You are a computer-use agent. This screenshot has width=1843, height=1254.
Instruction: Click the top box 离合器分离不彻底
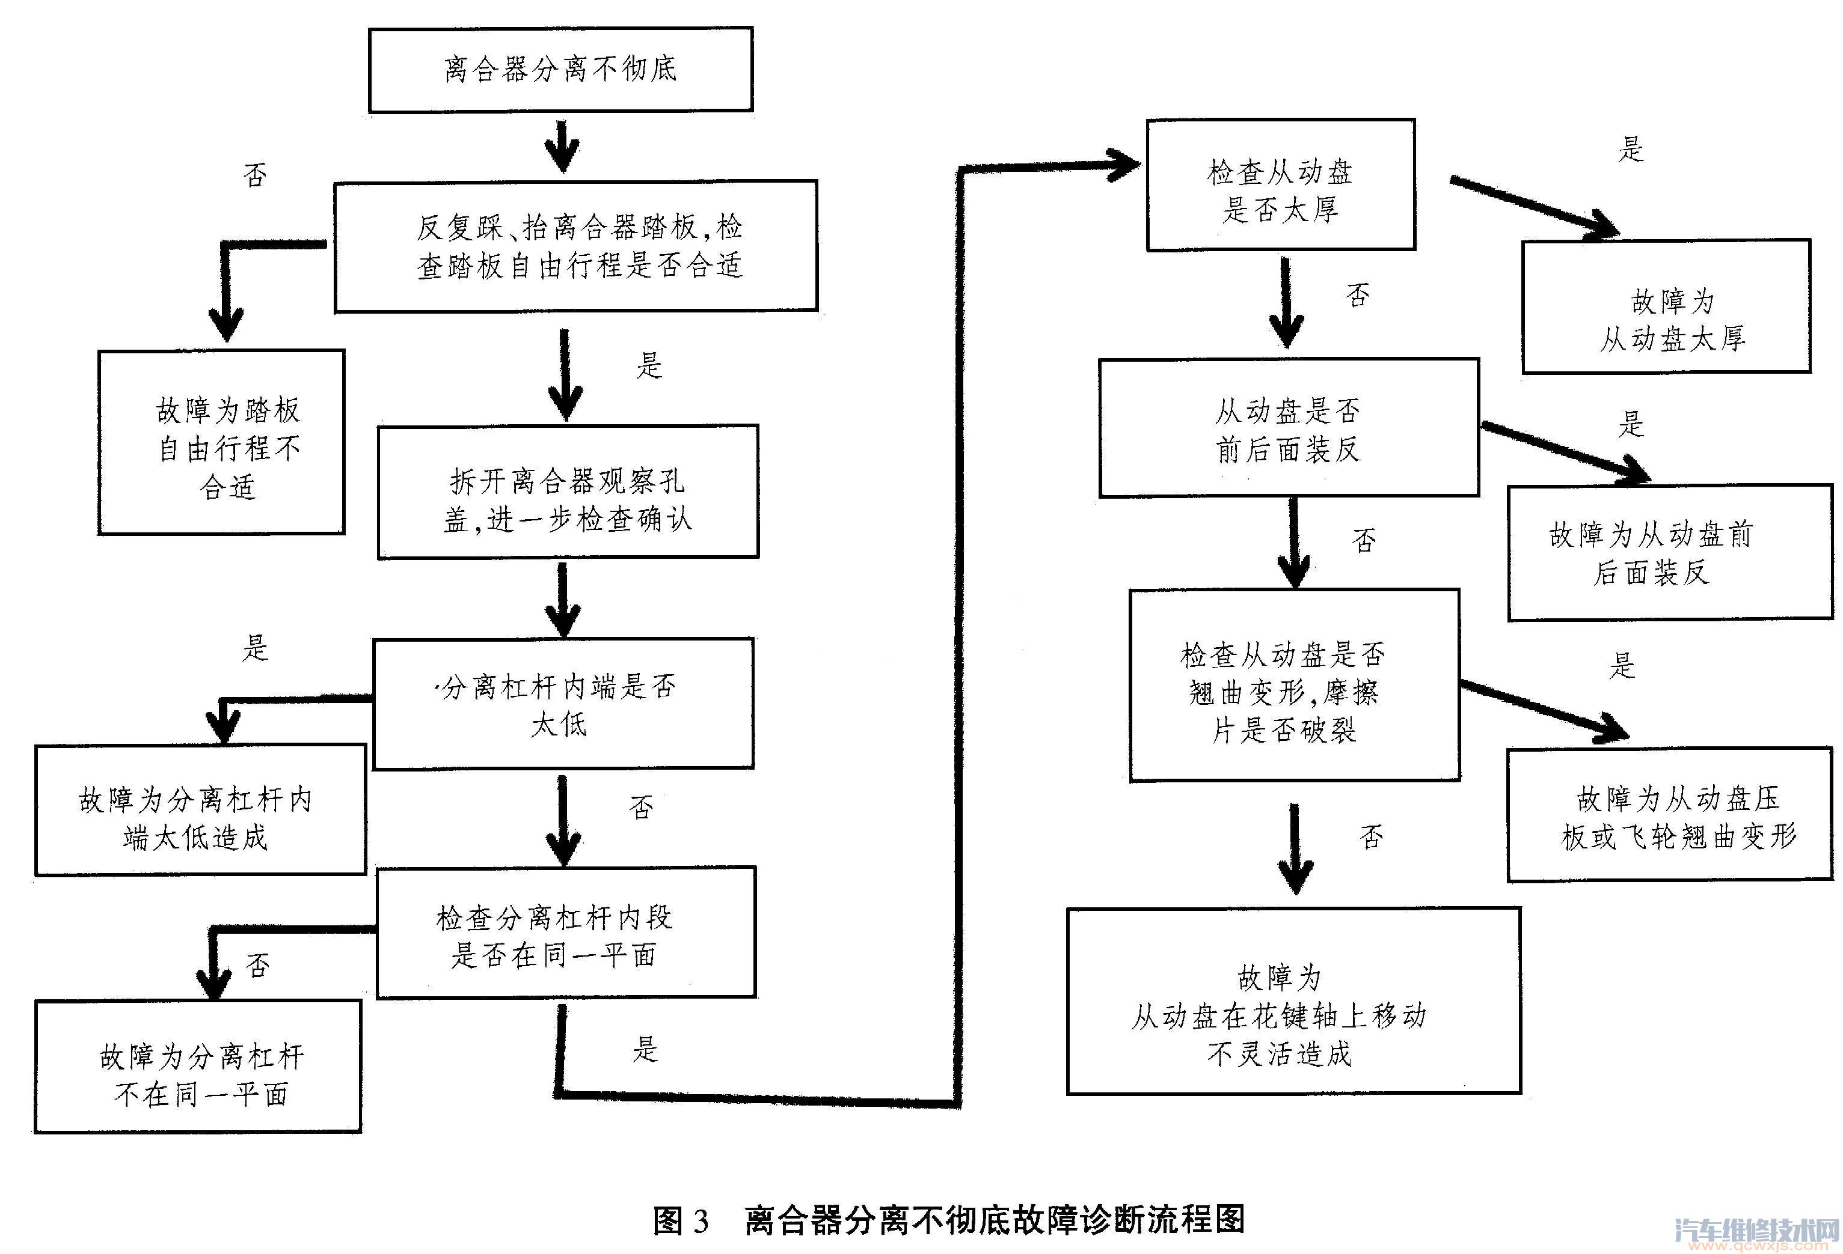tap(560, 70)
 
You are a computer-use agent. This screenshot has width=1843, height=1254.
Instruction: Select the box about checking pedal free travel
tap(577, 246)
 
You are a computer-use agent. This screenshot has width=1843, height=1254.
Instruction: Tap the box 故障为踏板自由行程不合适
tap(221, 442)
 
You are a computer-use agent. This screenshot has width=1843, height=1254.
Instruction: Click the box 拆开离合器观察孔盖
tap(568, 492)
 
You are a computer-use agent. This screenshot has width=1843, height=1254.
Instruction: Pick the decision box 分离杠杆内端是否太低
tap(563, 703)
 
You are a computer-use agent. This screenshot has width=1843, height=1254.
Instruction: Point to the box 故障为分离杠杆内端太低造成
tap(200, 810)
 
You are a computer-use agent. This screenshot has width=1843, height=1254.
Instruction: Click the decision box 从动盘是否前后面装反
tap(1289, 428)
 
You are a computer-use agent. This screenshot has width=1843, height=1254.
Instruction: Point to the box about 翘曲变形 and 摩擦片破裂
tap(1293, 686)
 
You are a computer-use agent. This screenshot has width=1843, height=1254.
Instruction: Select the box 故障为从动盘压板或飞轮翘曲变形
tap(1669, 815)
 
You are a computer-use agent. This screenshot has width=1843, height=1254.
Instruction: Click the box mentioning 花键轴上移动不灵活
tap(1293, 1001)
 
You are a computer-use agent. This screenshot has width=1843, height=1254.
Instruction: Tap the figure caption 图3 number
tap(681, 1221)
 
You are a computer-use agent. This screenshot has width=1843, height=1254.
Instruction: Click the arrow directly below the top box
tap(562, 147)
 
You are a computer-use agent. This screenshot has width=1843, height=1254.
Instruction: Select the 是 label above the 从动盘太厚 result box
tap(1631, 148)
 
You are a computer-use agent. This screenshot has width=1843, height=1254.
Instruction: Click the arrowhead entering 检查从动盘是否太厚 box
tap(1124, 165)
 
